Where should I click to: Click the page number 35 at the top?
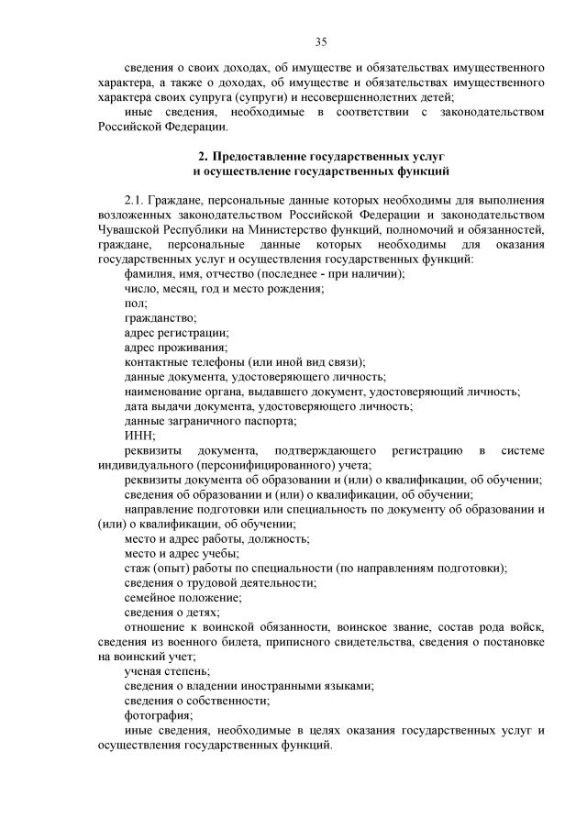click(321, 41)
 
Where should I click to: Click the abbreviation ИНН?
click(139, 435)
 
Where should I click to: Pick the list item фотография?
click(158, 714)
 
